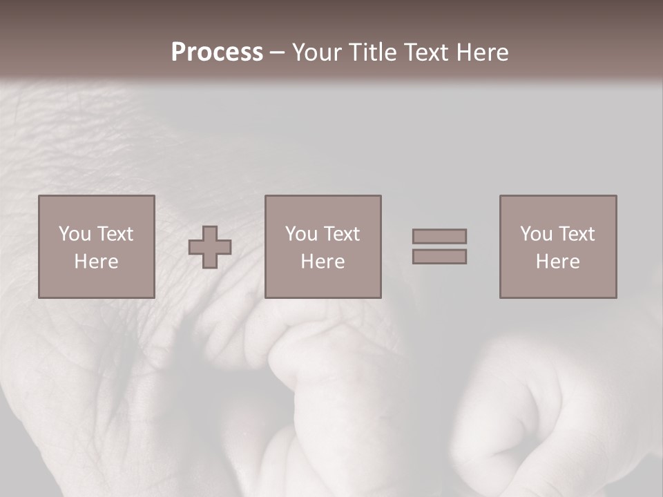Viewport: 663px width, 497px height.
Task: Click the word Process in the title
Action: click(217, 52)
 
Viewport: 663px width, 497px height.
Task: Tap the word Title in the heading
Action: click(370, 52)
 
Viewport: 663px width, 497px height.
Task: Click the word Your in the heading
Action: click(316, 52)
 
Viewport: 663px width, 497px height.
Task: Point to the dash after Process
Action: click(277, 53)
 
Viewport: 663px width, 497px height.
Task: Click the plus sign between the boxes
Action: click(210, 247)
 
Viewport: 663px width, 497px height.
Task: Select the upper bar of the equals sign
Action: click(439, 236)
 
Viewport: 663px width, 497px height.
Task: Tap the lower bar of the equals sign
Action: click(439, 257)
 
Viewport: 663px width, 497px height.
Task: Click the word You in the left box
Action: click(75, 234)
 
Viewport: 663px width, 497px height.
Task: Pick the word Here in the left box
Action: click(96, 262)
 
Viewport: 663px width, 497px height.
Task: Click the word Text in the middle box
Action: click(341, 234)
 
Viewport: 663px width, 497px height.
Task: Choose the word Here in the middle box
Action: click(323, 262)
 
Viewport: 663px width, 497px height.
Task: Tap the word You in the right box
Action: click(536, 234)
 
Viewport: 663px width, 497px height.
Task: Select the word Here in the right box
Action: click(557, 262)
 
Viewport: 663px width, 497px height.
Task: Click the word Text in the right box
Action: click(576, 234)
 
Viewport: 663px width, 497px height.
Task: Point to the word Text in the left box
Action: click(115, 234)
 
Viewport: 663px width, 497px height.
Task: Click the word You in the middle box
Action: click(301, 234)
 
